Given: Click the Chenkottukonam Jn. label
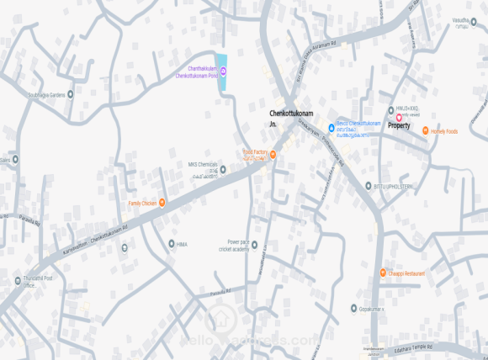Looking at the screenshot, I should point(284,117).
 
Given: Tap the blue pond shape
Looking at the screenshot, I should point(222,73).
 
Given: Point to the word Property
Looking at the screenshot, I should point(399,126).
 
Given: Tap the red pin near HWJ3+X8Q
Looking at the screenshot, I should point(400,117).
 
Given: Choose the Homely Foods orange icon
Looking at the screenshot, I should point(425,131).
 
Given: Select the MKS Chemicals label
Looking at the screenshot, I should point(203,165).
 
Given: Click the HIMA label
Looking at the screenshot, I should point(182,244).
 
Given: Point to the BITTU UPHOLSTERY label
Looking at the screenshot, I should point(390,186).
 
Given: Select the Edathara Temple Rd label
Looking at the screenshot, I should point(413,345).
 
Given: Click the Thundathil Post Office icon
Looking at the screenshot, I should point(17,280).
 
